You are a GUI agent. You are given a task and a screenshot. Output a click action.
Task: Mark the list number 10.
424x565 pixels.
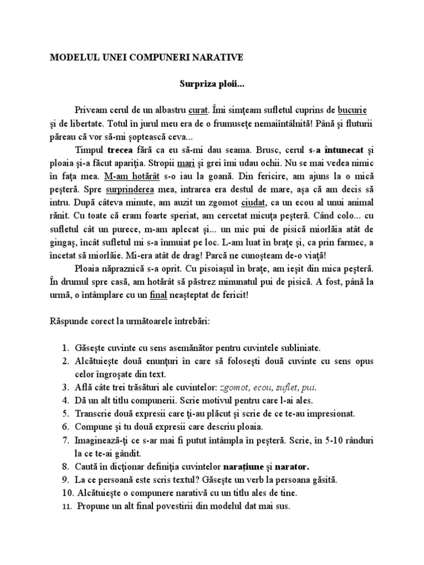64,493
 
